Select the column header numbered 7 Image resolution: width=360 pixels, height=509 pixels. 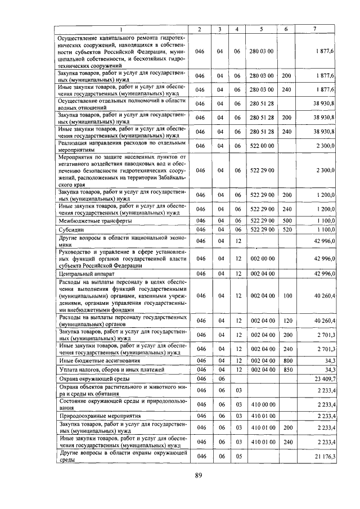[321, 29]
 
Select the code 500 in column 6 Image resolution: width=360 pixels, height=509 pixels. [286, 221]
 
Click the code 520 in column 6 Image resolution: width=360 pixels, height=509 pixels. [286, 229]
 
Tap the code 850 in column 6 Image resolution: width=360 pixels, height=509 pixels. [286, 370]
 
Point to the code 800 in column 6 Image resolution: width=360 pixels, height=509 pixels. [286, 360]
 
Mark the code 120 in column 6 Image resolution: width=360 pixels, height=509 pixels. [286, 320]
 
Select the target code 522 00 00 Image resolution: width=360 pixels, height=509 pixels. [262, 146]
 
